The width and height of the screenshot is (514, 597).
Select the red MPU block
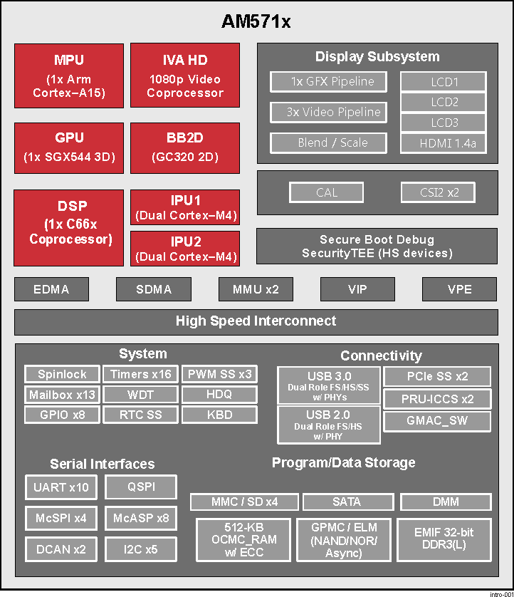pyautogui.click(x=68, y=76)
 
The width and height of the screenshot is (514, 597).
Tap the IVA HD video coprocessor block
pyautogui.click(x=184, y=76)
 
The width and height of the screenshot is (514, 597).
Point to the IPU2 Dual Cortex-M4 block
pyautogui.click(x=184, y=249)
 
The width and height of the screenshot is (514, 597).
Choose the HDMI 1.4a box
pyautogui.click(x=443, y=143)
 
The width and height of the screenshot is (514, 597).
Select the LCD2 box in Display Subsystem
pyautogui.click(x=443, y=102)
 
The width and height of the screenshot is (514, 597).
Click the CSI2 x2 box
pyautogui.click(x=437, y=192)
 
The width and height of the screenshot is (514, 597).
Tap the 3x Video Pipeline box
pyautogui.click(x=328, y=112)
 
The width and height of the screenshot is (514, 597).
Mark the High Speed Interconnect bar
pyautogui.click(x=256, y=321)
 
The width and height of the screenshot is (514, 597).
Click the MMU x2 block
pyautogui.click(x=256, y=289)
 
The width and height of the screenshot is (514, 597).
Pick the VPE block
pyautogui.click(x=459, y=289)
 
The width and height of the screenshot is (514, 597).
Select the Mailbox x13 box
pyautogui.click(x=62, y=394)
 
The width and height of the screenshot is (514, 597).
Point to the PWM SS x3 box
pyautogui.click(x=219, y=374)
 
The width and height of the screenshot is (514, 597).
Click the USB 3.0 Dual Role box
pyautogui.click(x=328, y=385)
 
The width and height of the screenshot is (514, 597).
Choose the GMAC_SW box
pyautogui.click(x=437, y=421)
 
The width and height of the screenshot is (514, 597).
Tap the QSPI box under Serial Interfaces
pyautogui.click(x=140, y=487)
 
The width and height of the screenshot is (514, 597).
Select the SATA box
pyautogui.click(x=347, y=502)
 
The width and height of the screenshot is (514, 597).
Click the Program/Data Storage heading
pyautogui.click(x=343, y=463)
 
